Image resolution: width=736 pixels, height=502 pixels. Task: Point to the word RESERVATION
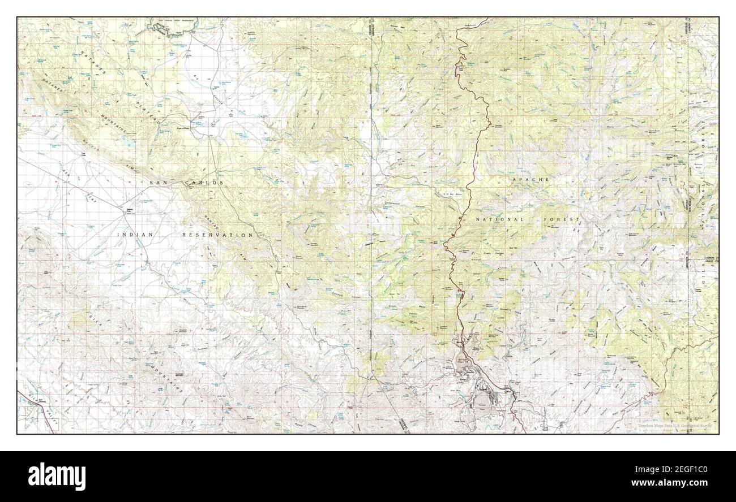click(x=217, y=234)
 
